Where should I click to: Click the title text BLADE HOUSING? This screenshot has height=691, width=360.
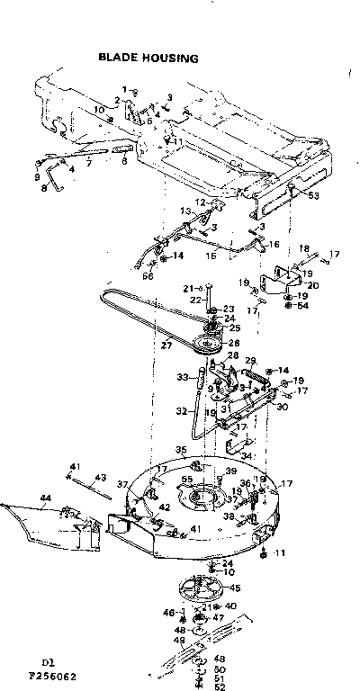(x=148, y=58)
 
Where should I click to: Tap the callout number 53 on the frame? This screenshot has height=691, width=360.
(x=313, y=194)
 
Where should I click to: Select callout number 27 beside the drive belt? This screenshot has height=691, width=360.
(x=166, y=345)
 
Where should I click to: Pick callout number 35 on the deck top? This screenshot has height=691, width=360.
(x=181, y=449)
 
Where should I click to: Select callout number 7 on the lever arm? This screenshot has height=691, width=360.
(x=88, y=165)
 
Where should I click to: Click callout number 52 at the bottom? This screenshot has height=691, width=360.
(x=220, y=687)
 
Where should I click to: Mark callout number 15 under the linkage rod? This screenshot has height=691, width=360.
(x=212, y=256)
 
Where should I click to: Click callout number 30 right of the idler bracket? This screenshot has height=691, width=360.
(x=284, y=406)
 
